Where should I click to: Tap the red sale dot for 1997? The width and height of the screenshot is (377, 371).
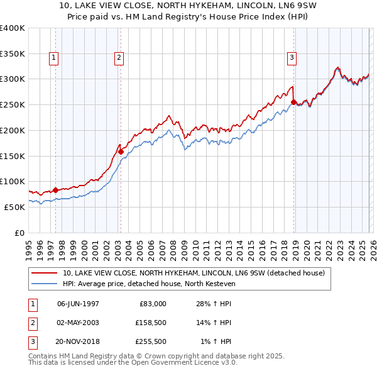(x=55, y=189)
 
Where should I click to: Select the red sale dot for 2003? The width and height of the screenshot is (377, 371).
(x=121, y=151)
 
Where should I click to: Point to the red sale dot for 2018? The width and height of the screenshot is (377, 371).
(x=293, y=101)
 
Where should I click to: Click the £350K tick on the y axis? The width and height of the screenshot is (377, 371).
(x=12, y=53)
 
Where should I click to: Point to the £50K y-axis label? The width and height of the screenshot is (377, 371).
(x=14, y=207)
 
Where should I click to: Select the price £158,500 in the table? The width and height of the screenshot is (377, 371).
(x=150, y=323)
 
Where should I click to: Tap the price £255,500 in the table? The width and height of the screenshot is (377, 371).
(x=150, y=341)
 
